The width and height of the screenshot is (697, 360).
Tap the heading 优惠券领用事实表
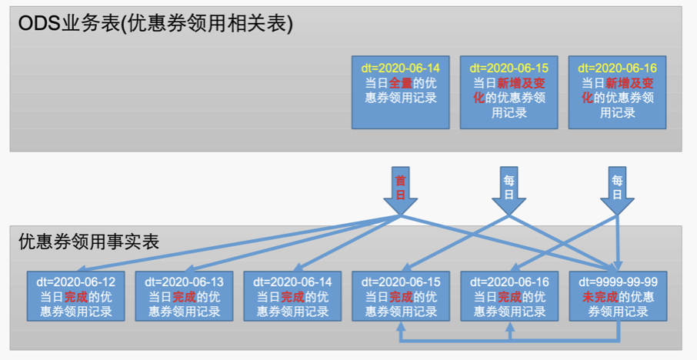(x=89, y=242)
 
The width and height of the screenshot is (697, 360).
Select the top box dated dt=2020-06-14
(x=400, y=92)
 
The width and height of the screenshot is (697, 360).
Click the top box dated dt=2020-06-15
(x=509, y=92)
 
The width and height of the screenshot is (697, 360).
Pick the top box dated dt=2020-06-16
(x=617, y=92)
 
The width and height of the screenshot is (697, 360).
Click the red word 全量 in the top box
(x=400, y=83)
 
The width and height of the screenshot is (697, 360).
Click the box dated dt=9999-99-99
(x=618, y=295)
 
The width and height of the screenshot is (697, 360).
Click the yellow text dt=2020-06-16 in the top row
(x=617, y=68)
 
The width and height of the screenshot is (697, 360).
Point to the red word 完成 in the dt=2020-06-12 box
(x=75, y=296)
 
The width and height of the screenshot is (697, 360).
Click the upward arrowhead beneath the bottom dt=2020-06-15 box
(x=401, y=326)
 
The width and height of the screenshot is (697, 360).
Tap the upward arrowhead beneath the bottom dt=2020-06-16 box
(x=509, y=326)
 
